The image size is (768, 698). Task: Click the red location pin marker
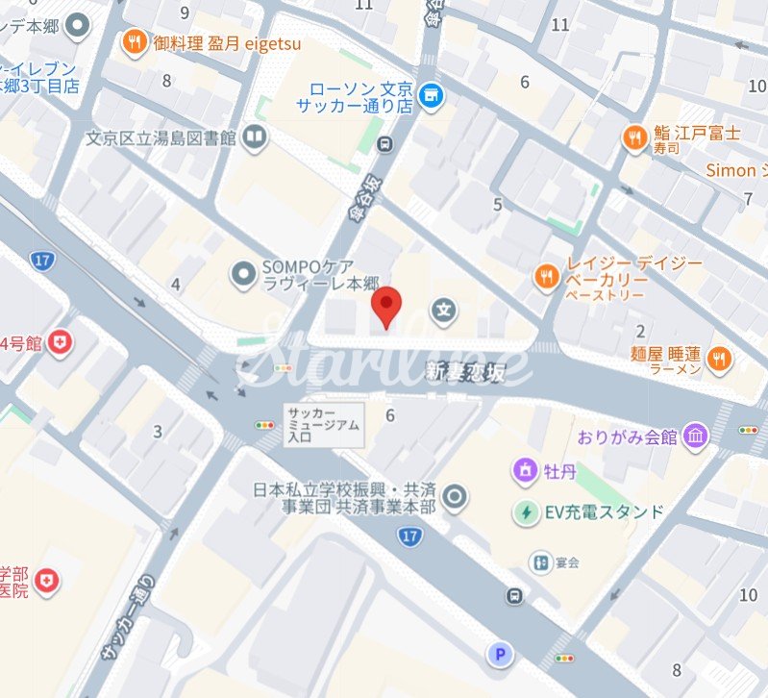coord(386,306)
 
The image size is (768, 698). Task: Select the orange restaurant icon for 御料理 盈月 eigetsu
coord(134,41)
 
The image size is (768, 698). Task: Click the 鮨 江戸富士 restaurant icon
coord(633,138)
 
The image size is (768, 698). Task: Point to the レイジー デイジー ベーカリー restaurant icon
coord(546,277)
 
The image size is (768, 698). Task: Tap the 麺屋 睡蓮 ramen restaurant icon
coord(718,360)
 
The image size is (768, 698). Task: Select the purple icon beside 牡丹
coord(526,471)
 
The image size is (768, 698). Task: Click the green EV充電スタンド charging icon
coord(526,511)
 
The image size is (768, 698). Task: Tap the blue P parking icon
coord(499,656)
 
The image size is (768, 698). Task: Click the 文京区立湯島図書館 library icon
coord(255,138)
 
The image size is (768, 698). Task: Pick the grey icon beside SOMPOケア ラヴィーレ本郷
coord(243,276)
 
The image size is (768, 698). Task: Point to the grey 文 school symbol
coord(443,310)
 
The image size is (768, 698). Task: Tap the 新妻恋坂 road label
coord(464,371)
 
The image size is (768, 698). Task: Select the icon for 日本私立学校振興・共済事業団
coord(456,497)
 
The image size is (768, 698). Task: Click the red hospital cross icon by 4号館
coord(62,342)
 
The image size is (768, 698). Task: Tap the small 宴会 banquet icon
coord(541,561)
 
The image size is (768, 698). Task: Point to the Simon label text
coord(731,171)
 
